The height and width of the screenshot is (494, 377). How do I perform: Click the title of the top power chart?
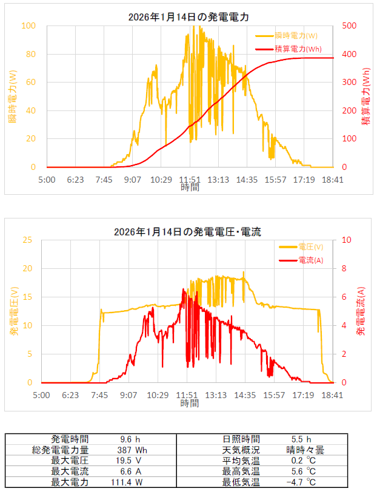tap(188, 17)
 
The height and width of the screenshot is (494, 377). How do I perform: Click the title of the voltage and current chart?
tap(187, 232)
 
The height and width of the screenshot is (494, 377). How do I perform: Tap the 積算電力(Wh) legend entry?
tap(289, 49)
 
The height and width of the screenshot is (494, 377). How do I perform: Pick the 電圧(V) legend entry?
tap(301, 247)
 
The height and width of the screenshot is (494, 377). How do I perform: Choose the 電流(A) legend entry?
tap(301, 260)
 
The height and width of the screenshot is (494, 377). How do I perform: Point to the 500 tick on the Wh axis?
tap(349, 25)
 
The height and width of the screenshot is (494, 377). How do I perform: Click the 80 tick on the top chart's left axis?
tap(30, 54)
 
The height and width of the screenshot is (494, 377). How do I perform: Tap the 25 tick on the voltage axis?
tap(27, 240)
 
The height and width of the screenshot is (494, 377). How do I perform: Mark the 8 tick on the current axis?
tap(344, 268)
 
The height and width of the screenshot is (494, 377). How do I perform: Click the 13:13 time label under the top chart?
tap(218, 180)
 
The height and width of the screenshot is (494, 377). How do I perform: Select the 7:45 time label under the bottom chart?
tap(99, 395)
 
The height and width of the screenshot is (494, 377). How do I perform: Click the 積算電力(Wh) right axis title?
tap(365, 96)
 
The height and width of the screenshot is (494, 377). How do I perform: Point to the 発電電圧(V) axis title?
tap(15, 311)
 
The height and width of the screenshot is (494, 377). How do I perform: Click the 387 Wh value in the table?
tap(132, 450)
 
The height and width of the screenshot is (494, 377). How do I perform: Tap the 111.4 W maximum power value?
tap(127, 482)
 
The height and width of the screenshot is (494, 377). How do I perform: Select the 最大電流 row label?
tap(70, 472)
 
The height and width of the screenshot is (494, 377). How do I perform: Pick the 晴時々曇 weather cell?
tap(305, 450)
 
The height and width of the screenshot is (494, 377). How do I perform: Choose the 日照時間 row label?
tap(241, 439)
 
